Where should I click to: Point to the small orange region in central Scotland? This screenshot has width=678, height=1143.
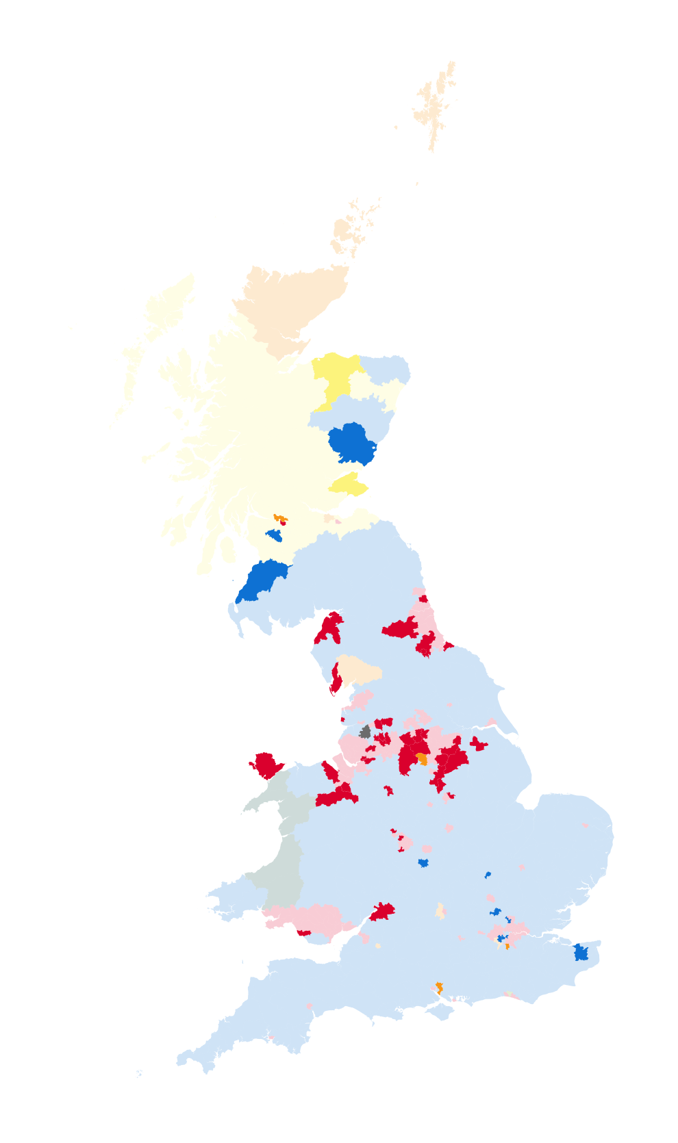click(x=279, y=517)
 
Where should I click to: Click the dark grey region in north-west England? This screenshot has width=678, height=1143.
click(x=366, y=732)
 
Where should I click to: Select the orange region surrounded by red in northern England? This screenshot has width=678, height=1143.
click(x=422, y=758)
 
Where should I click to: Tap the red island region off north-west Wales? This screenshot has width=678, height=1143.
click(x=266, y=765)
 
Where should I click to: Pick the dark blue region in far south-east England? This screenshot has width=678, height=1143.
click(x=581, y=952)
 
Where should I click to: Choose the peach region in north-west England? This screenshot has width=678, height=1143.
click(x=357, y=669)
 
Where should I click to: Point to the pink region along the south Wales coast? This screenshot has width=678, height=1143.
click(x=308, y=917)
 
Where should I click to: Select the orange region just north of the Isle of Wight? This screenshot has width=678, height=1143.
click(x=439, y=988)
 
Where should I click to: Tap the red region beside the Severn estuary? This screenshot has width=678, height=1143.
click(x=382, y=912)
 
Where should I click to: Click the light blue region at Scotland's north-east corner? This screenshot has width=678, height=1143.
click(x=387, y=370)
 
